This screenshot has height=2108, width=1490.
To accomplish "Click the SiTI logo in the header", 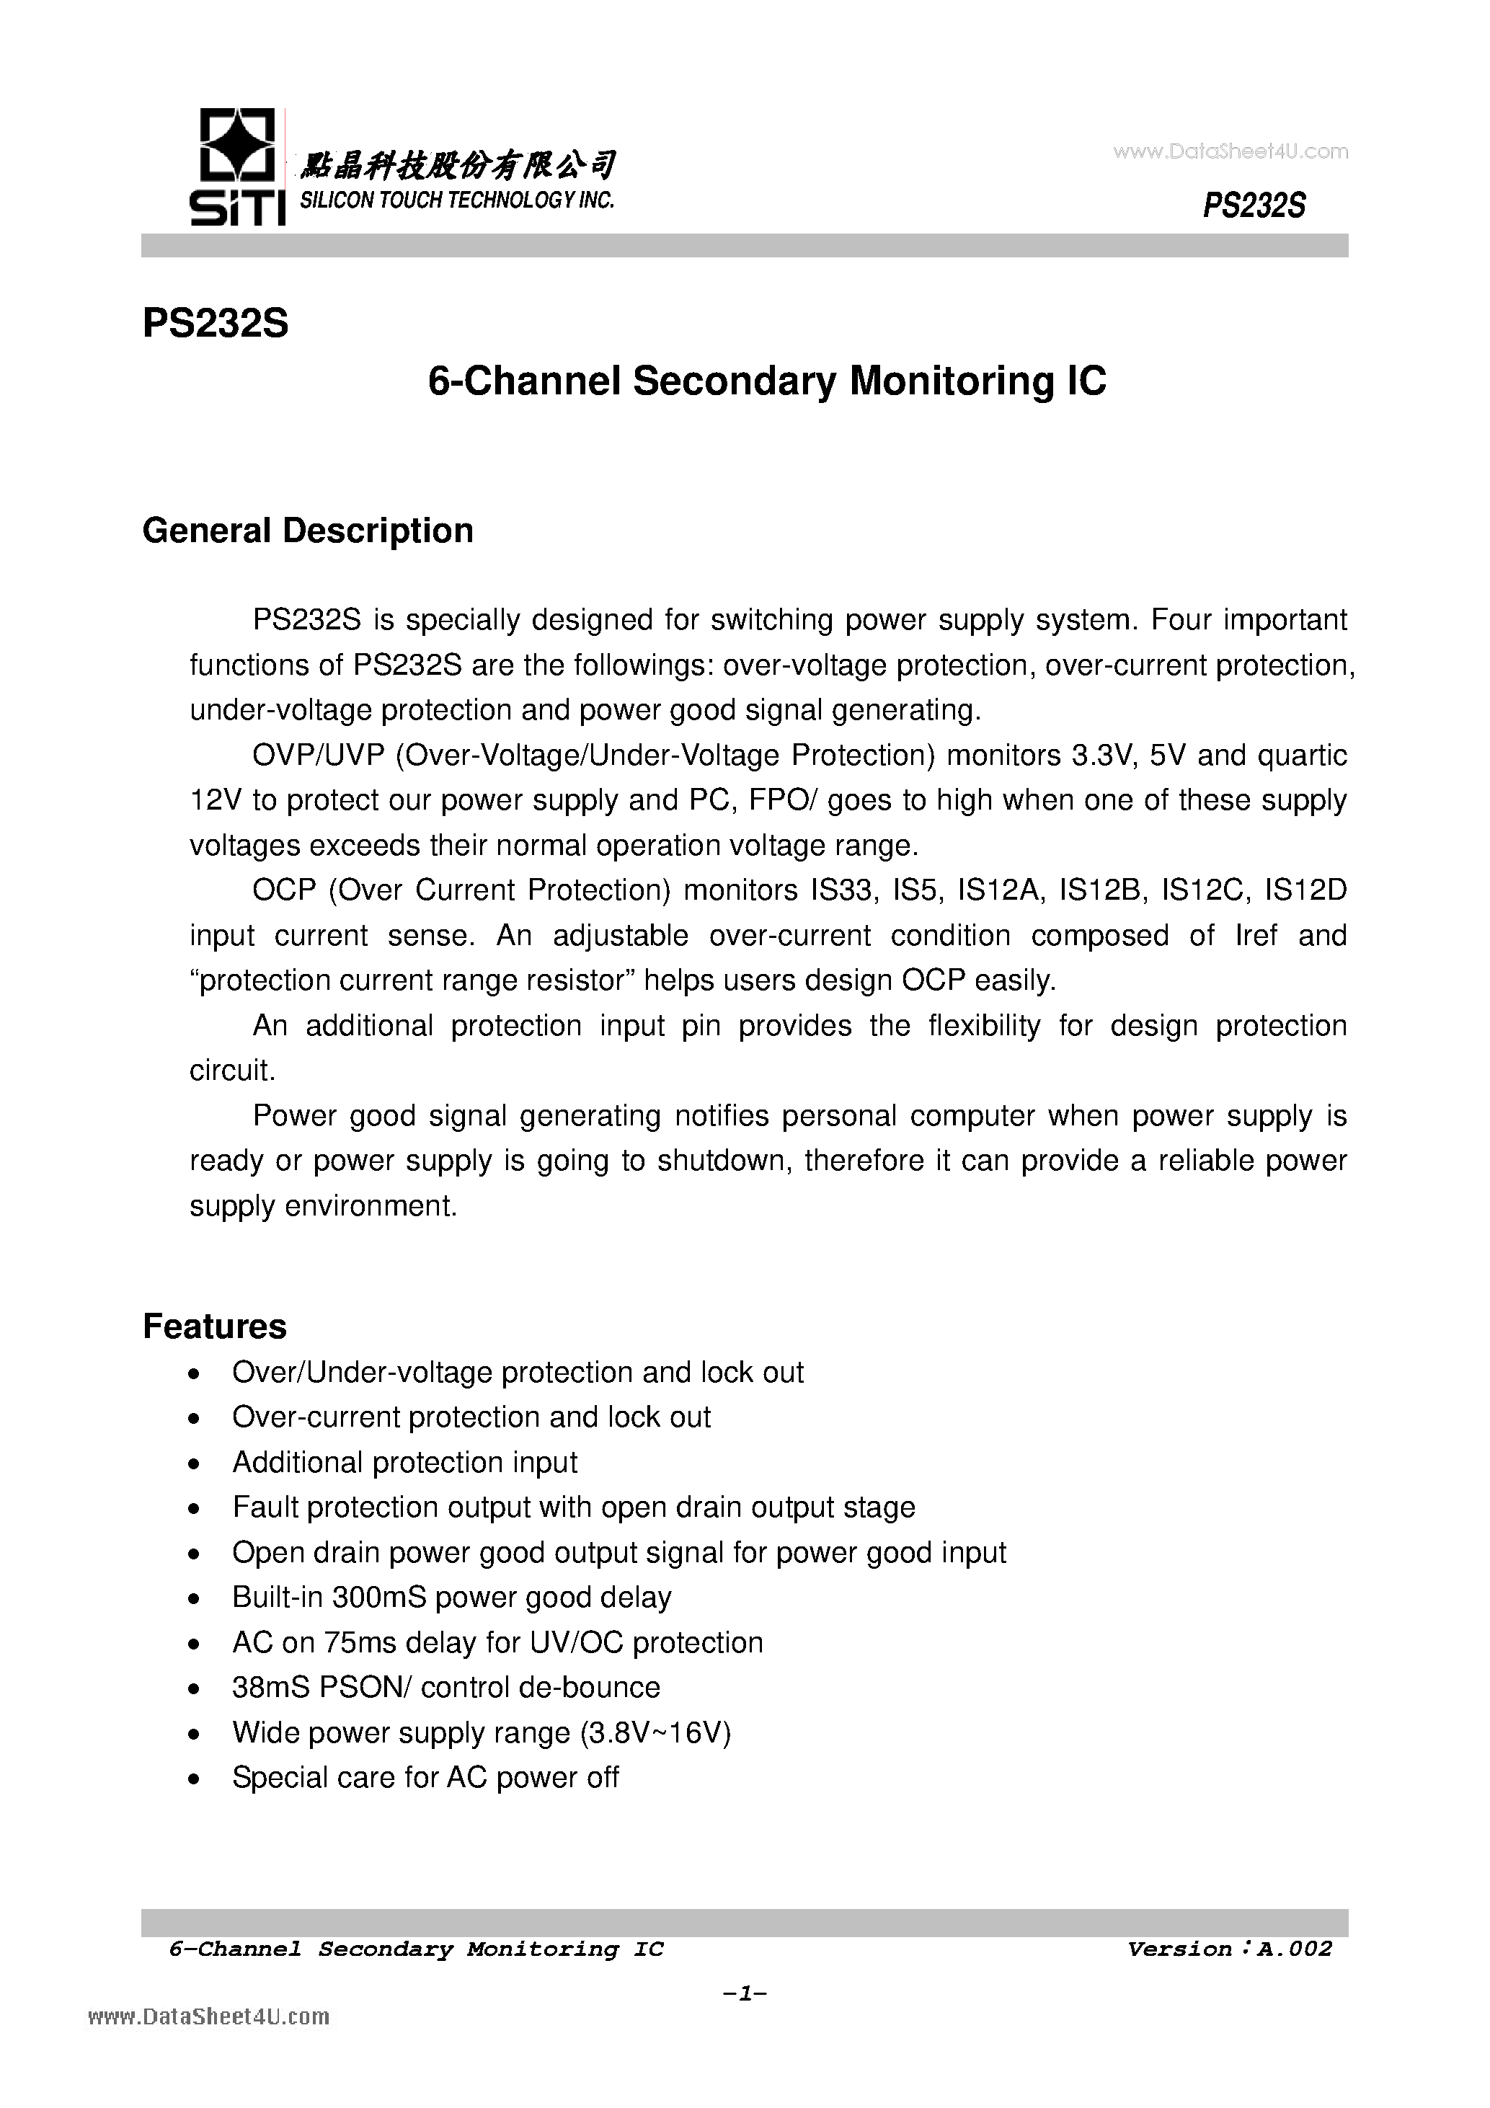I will pyautogui.click(x=234, y=167).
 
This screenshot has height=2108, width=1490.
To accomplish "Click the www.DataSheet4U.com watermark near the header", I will pyautogui.click(x=1230, y=151).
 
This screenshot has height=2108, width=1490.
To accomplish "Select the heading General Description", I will pyautogui.click(x=308, y=531).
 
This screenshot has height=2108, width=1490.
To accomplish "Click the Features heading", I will pyautogui.click(x=215, y=1327).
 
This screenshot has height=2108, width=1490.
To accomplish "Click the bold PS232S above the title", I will pyautogui.click(x=216, y=323).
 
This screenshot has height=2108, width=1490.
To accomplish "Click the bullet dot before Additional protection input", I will pyautogui.click(x=192, y=1463).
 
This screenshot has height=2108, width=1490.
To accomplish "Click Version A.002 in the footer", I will pyautogui.click(x=1228, y=1949).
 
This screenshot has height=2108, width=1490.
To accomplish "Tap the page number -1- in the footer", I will pyautogui.click(x=745, y=1994).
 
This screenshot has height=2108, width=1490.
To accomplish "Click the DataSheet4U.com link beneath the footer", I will pyautogui.click(x=209, y=2017).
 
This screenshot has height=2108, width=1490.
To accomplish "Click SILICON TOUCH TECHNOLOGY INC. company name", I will pyautogui.click(x=457, y=200).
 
